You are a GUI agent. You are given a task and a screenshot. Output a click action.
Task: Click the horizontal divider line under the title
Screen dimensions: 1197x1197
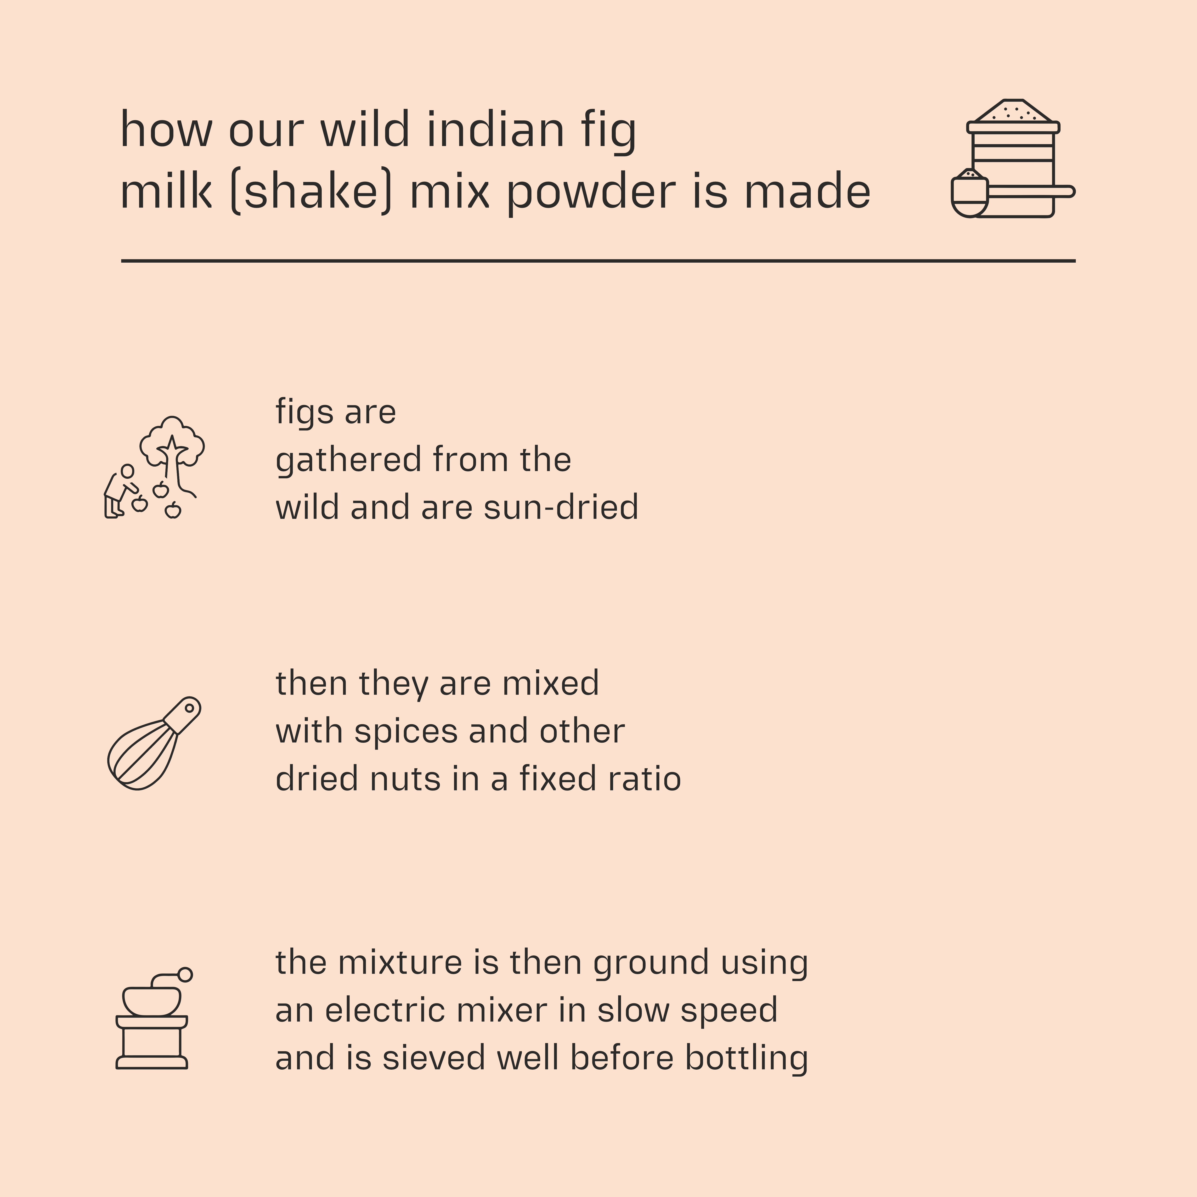click(598, 261)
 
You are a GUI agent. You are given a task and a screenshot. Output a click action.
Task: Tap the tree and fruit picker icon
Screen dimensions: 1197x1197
click(155, 468)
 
